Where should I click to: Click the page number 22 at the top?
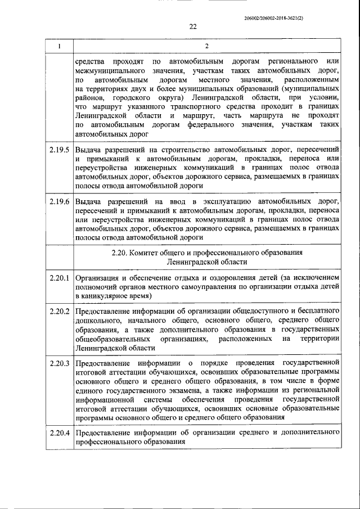193,26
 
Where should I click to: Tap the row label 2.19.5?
59,150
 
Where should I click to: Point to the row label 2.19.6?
59,201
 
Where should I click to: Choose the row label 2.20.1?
59,277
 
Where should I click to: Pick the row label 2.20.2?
59,311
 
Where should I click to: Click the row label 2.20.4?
59,433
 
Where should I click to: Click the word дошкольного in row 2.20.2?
97,320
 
